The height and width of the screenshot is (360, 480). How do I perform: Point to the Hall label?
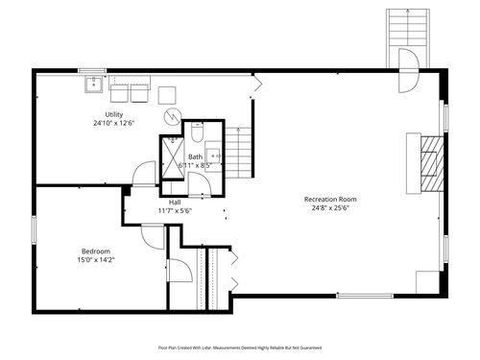coord(175,202)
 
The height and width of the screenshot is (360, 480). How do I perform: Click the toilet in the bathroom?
coord(197,133)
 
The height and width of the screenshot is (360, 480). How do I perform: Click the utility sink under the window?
coord(94,86)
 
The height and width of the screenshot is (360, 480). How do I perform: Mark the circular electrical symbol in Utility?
coord(171,117)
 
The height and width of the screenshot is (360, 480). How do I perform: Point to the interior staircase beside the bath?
coord(244,154)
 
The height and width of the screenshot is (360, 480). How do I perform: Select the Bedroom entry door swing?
coord(152,235)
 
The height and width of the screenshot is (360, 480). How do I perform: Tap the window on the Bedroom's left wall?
coord(34,230)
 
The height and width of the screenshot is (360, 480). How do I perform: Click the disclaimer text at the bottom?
coord(239,348)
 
